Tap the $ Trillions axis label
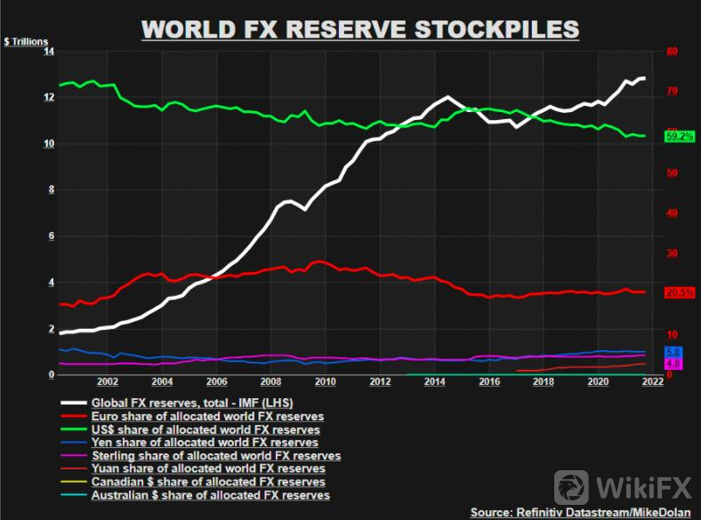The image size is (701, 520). [x=26, y=42]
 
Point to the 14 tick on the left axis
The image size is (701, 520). [x=48, y=52]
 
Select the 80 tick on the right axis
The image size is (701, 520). [x=672, y=52]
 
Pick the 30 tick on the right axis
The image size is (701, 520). [x=672, y=253]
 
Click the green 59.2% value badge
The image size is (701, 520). [x=680, y=136]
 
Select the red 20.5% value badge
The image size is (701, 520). [x=680, y=292]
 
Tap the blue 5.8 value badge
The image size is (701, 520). [x=673, y=353]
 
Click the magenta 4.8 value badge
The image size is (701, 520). [x=673, y=364]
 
